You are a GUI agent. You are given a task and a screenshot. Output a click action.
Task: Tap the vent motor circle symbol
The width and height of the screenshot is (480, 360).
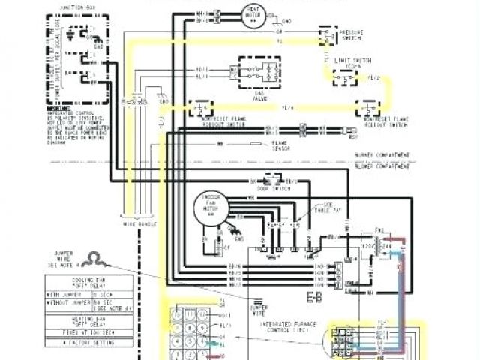tap(253, 14)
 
